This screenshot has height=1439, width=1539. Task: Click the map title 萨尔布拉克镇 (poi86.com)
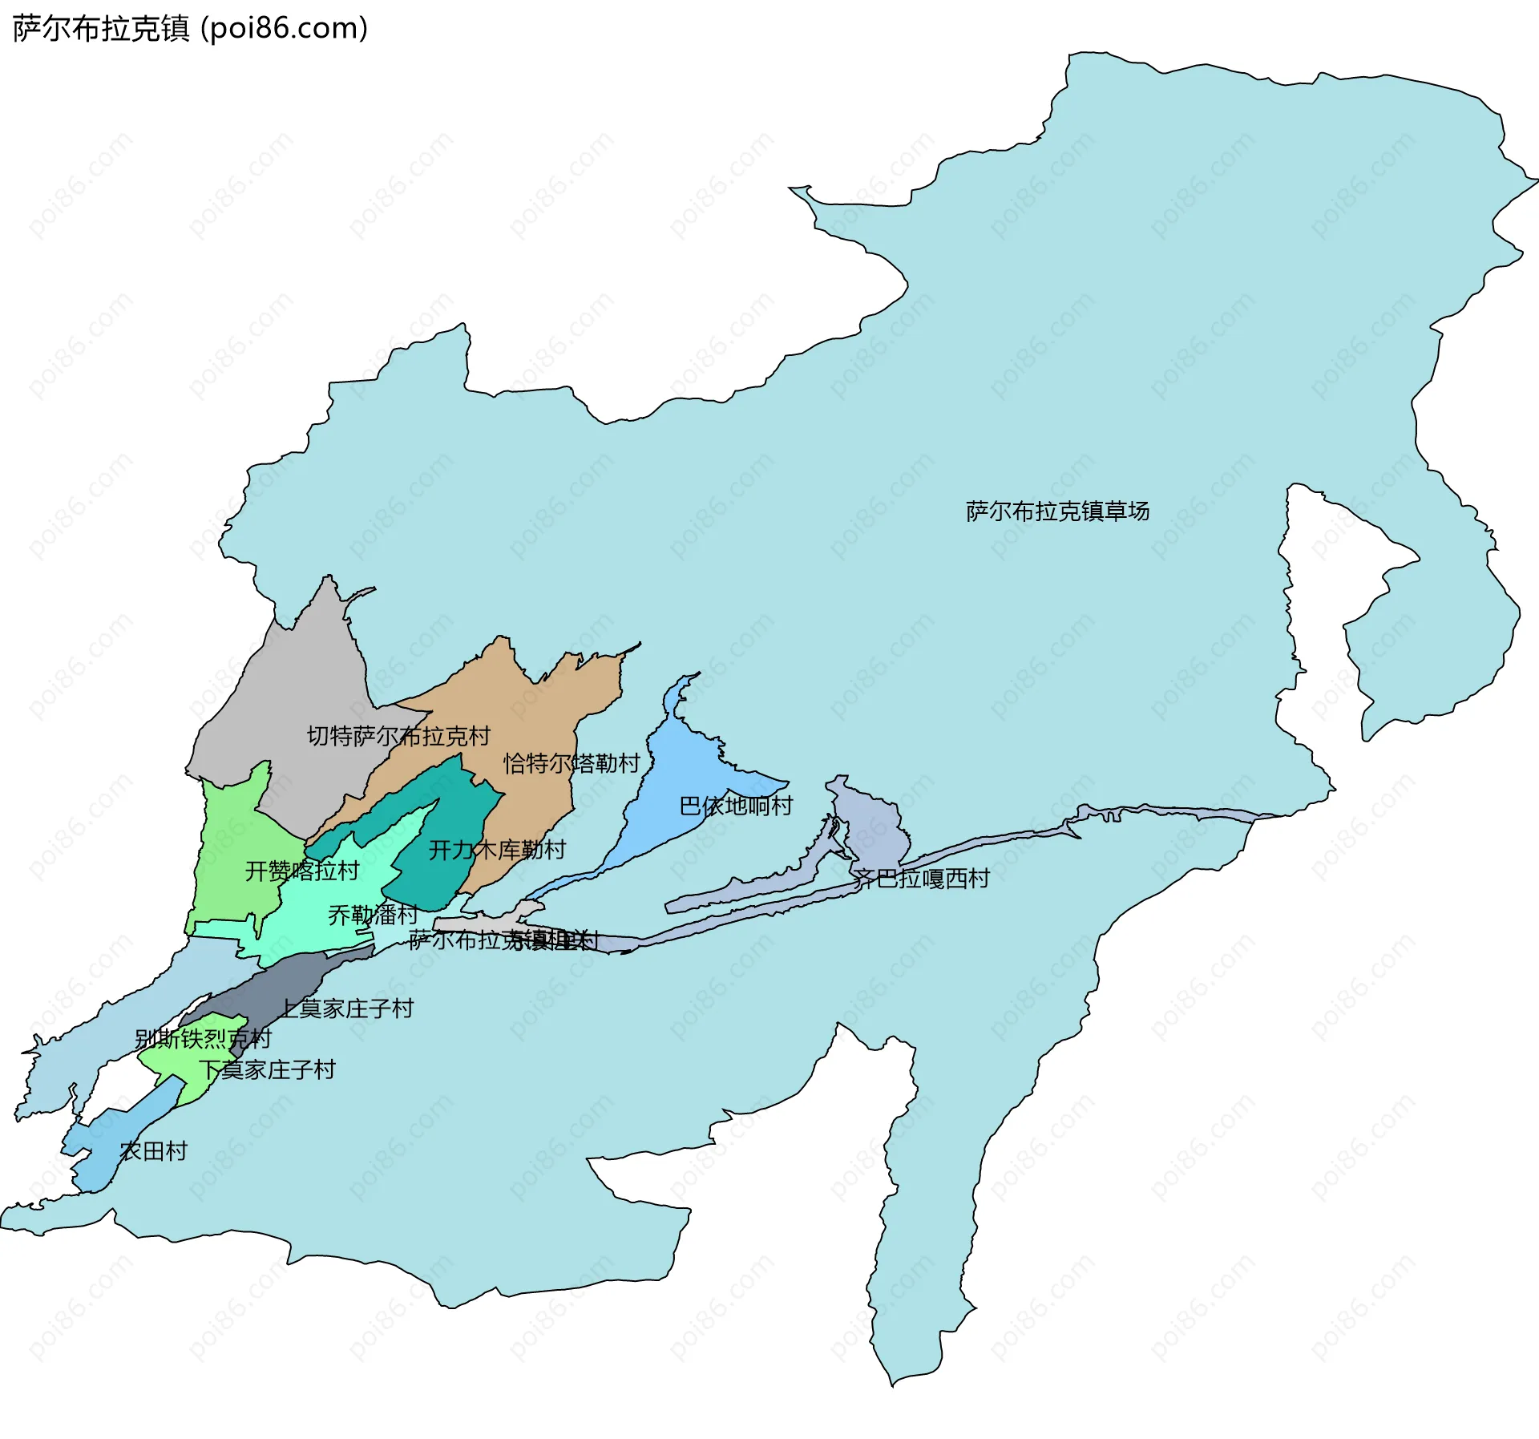tap(190, 29)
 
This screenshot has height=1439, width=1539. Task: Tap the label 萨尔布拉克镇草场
tap(1056, 511)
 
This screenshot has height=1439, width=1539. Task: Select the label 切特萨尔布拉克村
tap(398, 736)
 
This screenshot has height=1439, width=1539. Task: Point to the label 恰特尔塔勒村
tap(572, 762)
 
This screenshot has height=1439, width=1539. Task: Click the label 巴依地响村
tap(735, 805)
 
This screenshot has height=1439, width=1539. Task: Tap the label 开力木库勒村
tap(497, 849)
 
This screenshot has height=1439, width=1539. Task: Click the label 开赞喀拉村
tap(301, 871)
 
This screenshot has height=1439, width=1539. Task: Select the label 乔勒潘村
tap(373, 914)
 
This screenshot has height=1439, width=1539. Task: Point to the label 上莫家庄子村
tap(347, 1008)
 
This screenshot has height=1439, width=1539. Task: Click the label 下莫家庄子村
tap(267, 1069)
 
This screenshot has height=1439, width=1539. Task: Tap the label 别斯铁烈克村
tap(203, 1039)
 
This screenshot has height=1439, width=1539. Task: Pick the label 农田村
tap(153, 1151)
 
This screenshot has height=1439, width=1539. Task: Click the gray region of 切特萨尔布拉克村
tap(305, 681)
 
